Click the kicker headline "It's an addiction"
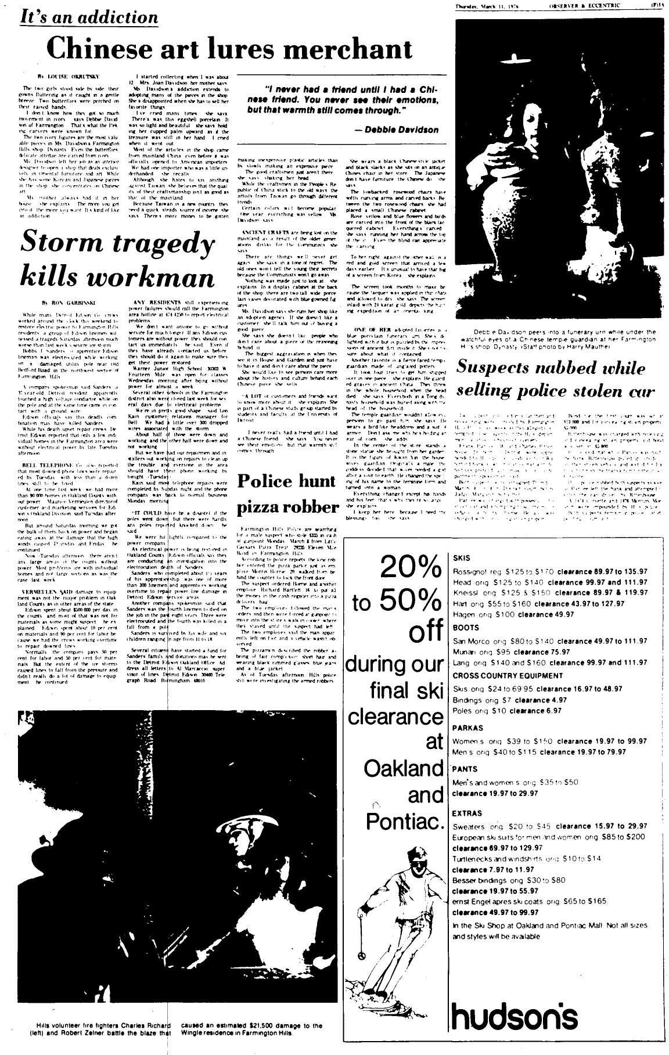click(89, 17)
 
